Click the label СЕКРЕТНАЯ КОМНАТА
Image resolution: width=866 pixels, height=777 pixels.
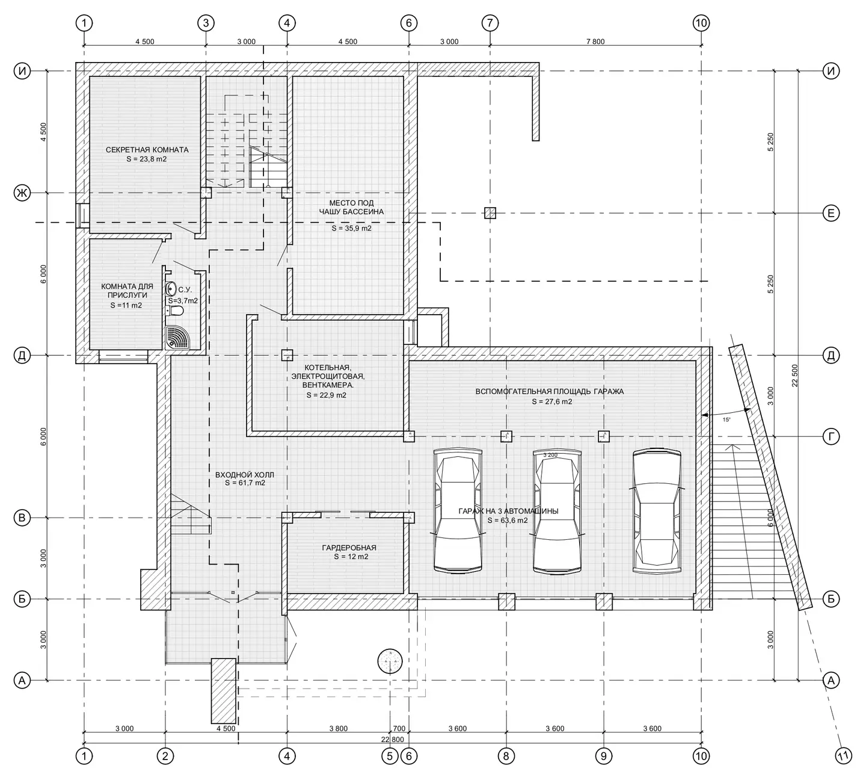click(x=147, y=150)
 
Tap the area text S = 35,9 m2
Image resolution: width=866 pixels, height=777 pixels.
click(x=351, y=229)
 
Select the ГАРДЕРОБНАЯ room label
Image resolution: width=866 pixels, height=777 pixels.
click(x=349, y=548)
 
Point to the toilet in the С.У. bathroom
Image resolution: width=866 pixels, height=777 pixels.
click(x=176, y=311)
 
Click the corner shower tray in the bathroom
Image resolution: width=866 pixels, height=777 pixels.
click(x=177, y=338)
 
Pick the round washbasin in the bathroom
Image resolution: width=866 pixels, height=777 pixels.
click(x=171, y=289)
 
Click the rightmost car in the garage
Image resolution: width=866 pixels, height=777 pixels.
click(x=657, y=510)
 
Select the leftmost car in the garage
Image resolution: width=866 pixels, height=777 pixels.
click(x=458, y=510)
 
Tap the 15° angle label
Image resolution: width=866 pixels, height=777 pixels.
click(x=726, y=419)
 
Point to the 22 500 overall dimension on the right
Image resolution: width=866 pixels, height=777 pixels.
click(x=795, y=375)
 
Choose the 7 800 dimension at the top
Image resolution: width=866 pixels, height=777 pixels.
click(x=595, y=42)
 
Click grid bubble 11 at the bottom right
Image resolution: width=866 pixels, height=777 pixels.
click(x=843, y=757)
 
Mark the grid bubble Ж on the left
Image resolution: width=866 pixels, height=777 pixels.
click(x=22, y=193)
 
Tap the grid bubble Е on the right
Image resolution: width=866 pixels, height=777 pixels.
click(x=831, y=213)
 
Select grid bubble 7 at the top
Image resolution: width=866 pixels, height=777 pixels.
click(x=490, y=23)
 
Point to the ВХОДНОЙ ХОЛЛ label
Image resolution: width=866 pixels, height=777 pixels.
click(x=245, y=475)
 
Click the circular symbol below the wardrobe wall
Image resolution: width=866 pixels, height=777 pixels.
click(x=390, y=661)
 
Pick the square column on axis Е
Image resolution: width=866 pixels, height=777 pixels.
click(x=490, y=213)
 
